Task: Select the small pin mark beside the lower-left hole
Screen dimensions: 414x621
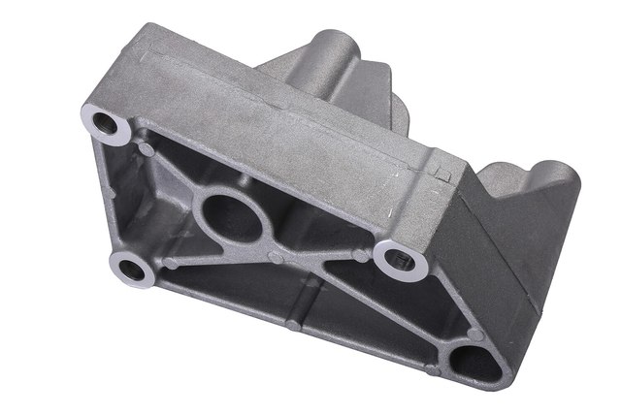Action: (x=171, y=264)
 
